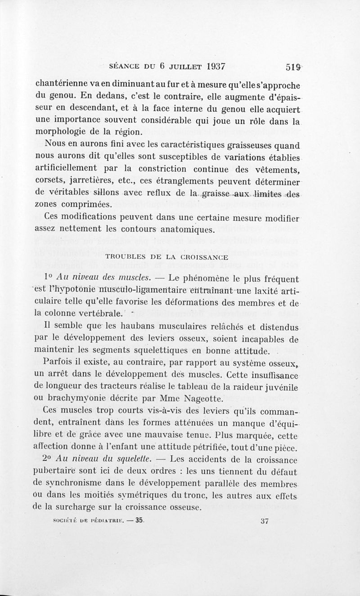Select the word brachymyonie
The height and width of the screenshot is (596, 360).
[x=75, y=399]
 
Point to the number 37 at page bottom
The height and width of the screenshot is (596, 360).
[x=265, y=522]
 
